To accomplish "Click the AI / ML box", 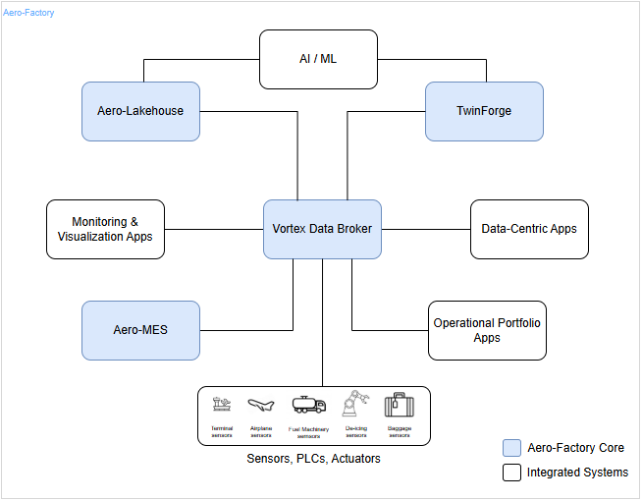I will pos(318,59).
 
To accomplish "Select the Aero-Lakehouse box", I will pos(140,111).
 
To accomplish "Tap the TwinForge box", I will pos(484,111).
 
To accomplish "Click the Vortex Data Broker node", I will pos(322,229).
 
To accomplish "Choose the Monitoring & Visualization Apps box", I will pos(105,229).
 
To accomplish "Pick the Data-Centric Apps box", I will pos(529,229).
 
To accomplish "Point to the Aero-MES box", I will pos(140,330).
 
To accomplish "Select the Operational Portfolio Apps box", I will pos(487,330).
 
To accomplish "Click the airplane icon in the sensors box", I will pos(261,405).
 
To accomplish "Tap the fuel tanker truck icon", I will pos(308,405).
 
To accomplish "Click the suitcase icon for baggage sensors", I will pos(398,405).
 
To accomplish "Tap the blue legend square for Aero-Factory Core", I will pos(511,448).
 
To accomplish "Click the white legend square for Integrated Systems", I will pos(511,473).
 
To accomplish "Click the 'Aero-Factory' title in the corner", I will pos(29,13).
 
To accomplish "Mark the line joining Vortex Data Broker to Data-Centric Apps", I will pos(425,229).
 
